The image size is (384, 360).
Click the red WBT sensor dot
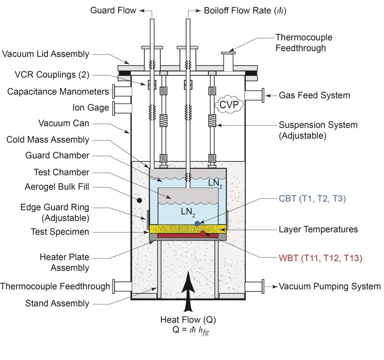coord(203,233)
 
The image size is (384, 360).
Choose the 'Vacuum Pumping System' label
coord(330,286)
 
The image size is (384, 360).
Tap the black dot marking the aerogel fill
coord(140,200)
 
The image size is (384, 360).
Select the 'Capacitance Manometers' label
coord(58,91)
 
